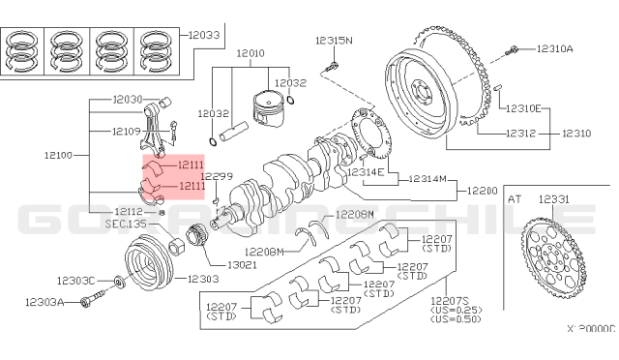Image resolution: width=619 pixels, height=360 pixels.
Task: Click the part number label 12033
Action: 203,35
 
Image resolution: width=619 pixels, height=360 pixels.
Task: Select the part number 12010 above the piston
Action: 251,52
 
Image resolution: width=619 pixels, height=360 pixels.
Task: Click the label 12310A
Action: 554,48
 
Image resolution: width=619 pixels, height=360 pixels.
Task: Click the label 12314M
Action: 427,179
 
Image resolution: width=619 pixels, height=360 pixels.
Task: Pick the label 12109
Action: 126,131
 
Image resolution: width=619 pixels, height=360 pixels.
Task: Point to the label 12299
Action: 217,176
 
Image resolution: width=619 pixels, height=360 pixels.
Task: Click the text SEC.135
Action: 125,224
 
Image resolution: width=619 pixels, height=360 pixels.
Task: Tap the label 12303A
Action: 44,303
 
